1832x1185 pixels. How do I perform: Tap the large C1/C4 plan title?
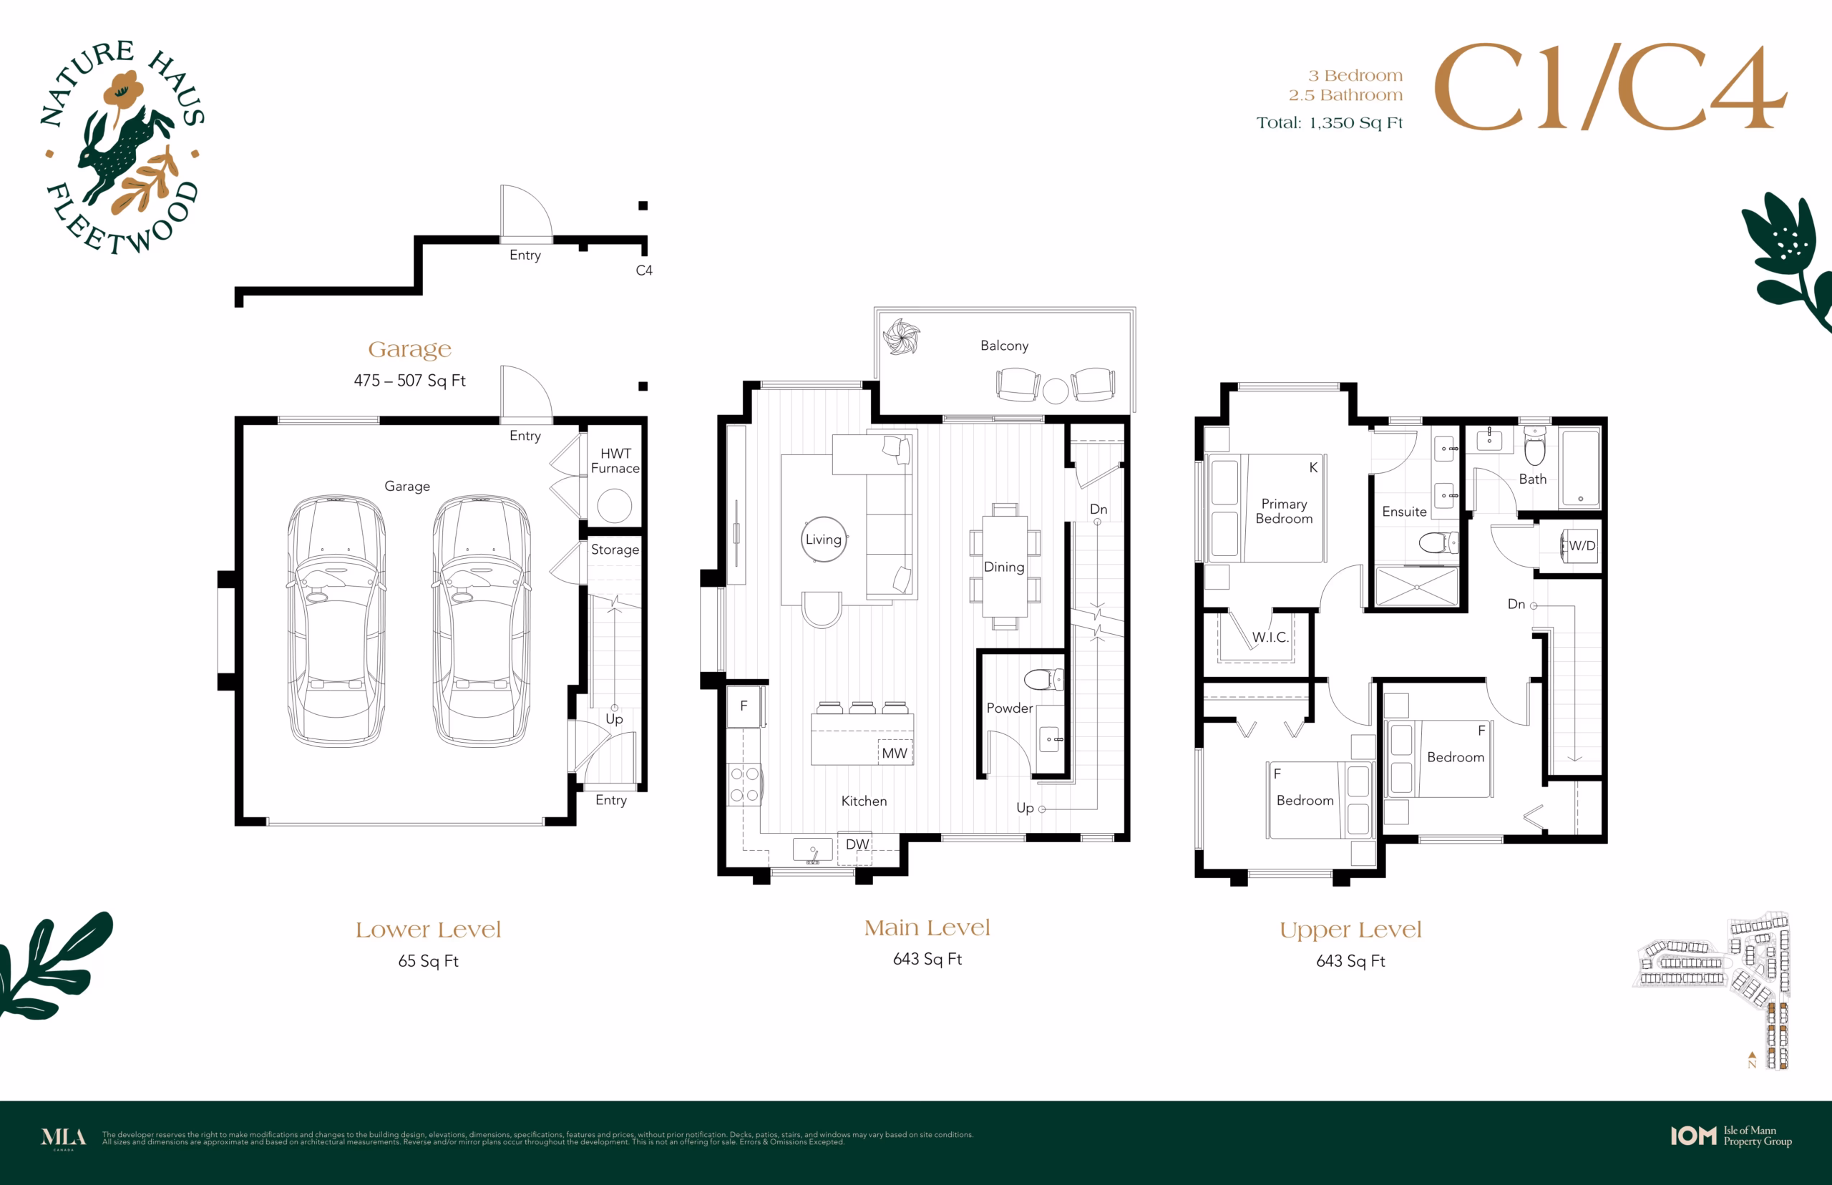pyautogui.click(x=1609, y=87)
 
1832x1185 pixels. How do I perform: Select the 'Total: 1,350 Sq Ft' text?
pyautogui.click(x=1330, y=123)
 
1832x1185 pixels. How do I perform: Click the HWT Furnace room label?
pyautogui.click(x=615, y=460)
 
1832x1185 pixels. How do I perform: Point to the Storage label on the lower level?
pyautogui.click(x=615, y=550)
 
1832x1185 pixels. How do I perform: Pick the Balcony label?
pyautogui.click(x=1004, y=346)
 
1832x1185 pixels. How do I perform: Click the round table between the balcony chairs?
pyautogui.click(x=1056, y=391)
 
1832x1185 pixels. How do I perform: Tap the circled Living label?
pyautogui.click(x=823, y=540)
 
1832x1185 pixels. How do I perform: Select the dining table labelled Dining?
pyautogui.click(x=1004, y=567)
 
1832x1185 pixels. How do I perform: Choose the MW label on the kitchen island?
pyautogui.click(x=894, y=754)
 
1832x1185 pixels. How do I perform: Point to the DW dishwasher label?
pyautogui.click(x=857, y=844)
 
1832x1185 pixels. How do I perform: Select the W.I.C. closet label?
pyautogui.click(x=1270, y=637)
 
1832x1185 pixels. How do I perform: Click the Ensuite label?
pyautogui.click(x=1404, y=512)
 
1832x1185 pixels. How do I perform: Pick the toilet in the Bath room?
pyautogui.click(x=1535, y=446)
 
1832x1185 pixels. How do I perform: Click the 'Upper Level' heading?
pyautogui.click(x=1350, y=930)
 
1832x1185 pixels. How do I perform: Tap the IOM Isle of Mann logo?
pyautogui.click(x=1731, y=1136)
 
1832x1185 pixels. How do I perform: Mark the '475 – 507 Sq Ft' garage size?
pyautogui.click(x=409, y=380)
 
